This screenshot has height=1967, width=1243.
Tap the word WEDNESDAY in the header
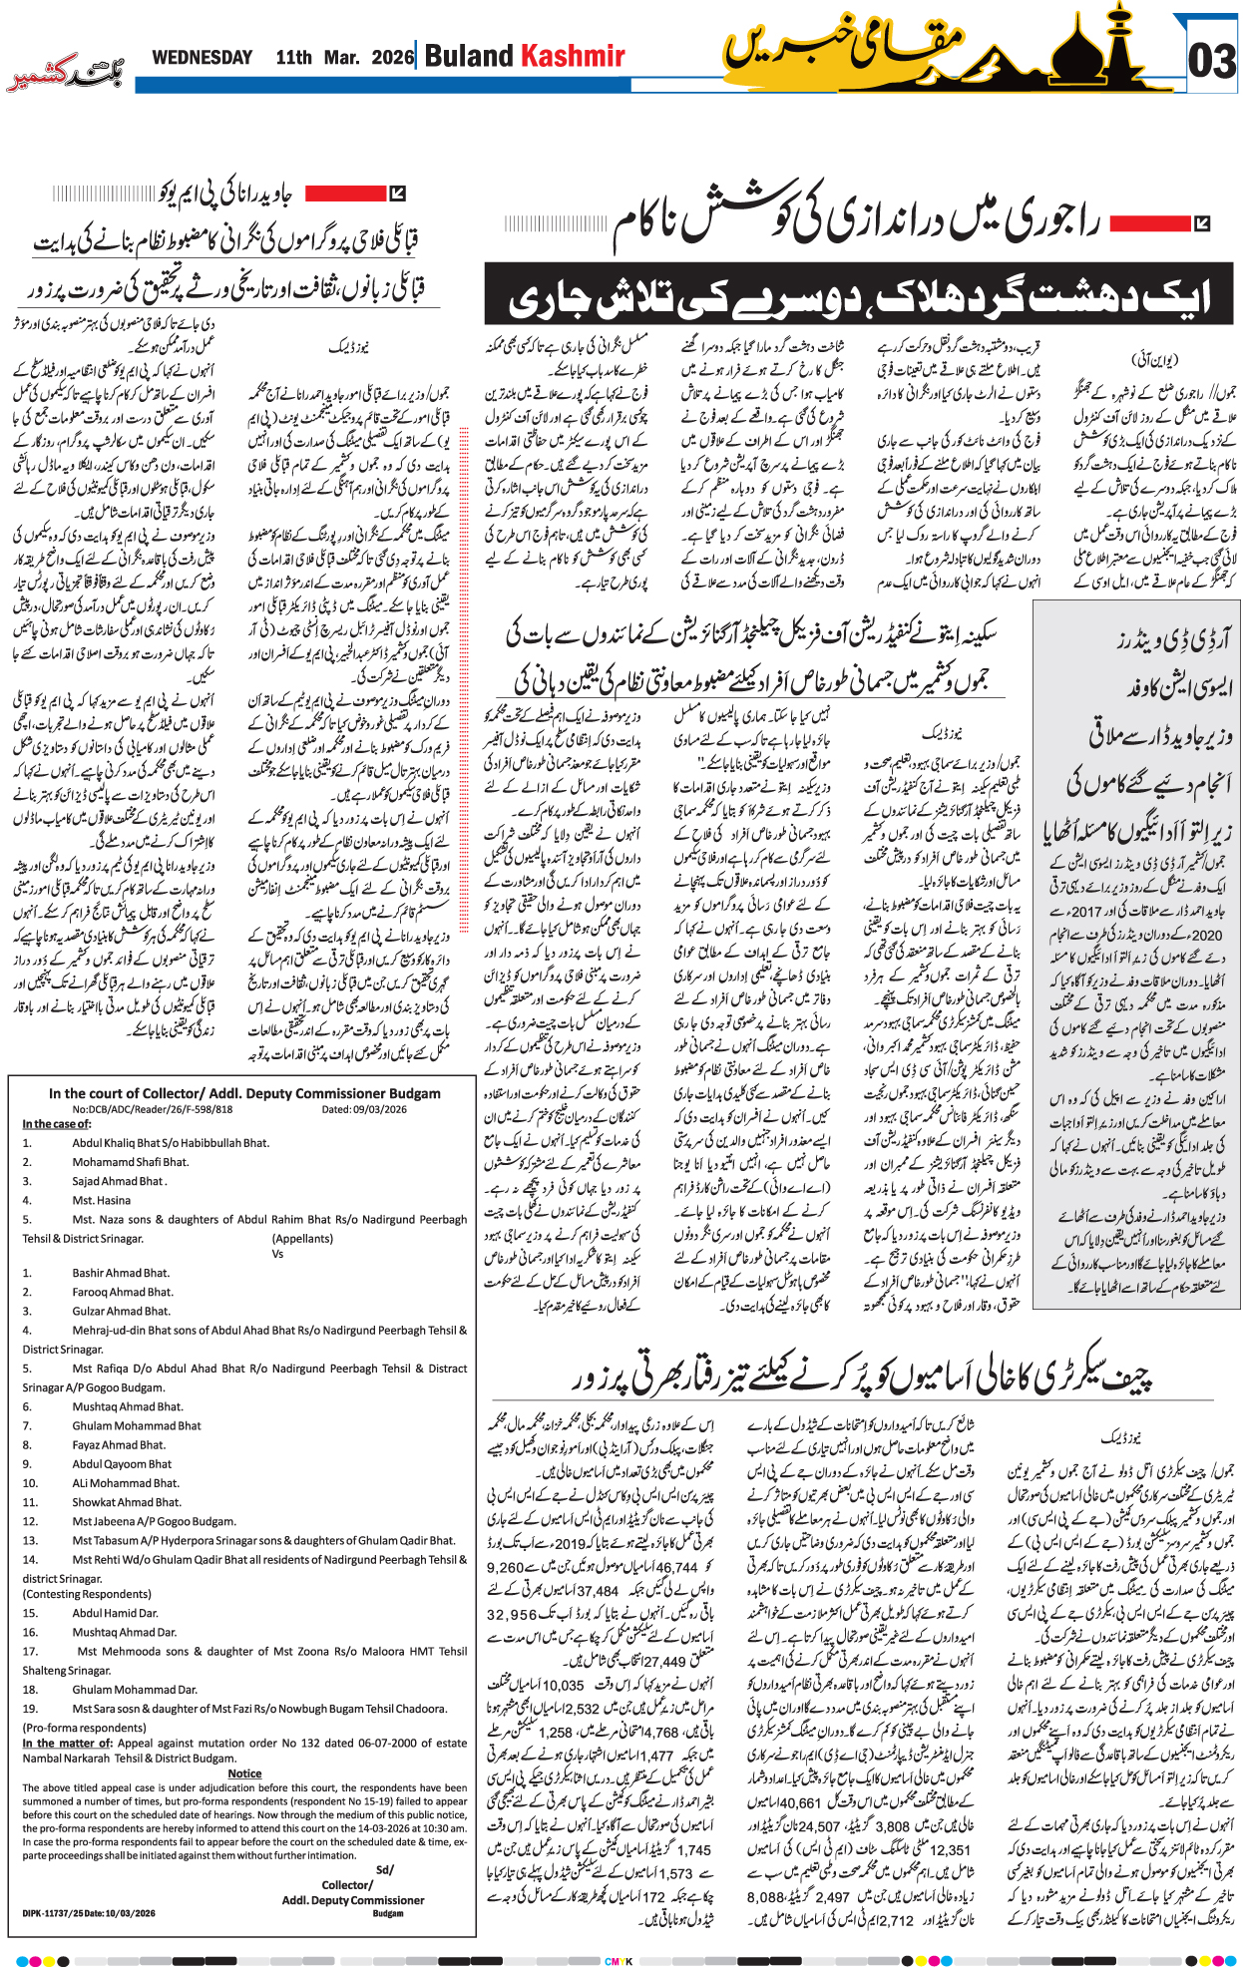[202, 58]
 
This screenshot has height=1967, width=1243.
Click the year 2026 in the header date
[392, 58]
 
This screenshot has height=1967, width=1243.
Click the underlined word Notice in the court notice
[244, 1773]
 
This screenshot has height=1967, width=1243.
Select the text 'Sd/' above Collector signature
[384, 1869]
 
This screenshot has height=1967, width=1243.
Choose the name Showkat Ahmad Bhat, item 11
[126, 1502]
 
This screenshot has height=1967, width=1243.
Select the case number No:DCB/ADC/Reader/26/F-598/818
[152, 1109]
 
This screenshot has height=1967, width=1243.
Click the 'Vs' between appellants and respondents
[278, 1254]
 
